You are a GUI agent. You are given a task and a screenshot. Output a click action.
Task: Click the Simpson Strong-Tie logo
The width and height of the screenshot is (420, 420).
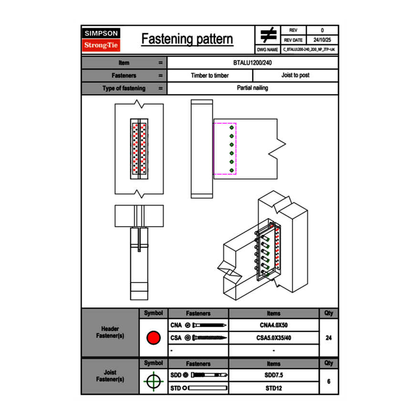tap(101, 40)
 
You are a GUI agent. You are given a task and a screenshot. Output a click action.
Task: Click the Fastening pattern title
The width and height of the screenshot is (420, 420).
tap(187, 39)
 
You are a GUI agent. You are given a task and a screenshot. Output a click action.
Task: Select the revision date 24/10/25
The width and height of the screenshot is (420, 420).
tap(322, 40)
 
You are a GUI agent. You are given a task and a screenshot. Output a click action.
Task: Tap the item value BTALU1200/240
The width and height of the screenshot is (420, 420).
tap(253, 63)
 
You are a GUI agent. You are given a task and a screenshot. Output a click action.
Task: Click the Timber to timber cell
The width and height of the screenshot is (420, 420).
tap(210, 75)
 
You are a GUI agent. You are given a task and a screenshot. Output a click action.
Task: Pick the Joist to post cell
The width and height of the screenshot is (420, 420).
tap(295, 75)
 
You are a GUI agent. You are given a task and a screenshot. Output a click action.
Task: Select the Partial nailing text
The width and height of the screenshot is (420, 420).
tap(252, 88)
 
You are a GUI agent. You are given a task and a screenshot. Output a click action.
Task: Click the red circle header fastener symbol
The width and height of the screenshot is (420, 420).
tap(153, 338)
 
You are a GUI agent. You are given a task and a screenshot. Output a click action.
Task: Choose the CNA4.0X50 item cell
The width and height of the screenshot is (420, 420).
tap(273, 325)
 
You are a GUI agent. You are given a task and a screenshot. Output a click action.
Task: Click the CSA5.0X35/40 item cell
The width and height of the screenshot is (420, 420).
tap(273, 338)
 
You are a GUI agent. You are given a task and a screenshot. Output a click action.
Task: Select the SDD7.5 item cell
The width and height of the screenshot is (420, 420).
tap(273, 375)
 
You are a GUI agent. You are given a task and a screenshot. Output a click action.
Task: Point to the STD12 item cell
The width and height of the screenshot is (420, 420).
tap(273, 388)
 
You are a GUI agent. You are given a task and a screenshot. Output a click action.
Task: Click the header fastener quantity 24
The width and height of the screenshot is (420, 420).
tap(328, 338)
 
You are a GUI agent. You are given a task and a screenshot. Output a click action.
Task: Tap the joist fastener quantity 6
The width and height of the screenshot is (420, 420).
tap(328, 381)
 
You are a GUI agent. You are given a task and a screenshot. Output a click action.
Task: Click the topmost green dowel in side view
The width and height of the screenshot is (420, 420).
tap(232, 128)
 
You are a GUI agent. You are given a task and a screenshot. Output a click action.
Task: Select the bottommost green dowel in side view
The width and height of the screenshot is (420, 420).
tap(232, 170)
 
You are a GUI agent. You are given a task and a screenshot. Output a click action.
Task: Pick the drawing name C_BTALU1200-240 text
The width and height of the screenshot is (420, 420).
tap(309, 49)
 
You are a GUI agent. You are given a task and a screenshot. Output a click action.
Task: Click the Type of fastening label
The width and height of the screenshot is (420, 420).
tap(124, 88)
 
